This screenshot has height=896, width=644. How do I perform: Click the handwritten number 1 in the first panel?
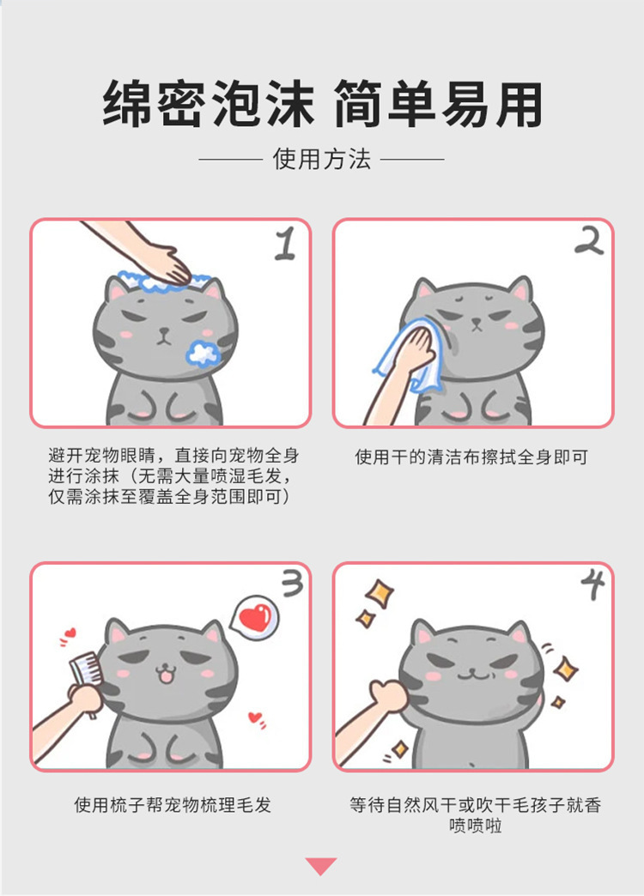285,244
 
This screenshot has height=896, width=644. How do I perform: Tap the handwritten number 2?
589,241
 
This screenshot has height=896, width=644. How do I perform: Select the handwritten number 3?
293,584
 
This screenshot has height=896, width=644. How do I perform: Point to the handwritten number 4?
593,584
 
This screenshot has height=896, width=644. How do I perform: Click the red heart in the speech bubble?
254,617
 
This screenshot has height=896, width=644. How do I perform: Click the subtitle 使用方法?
321,159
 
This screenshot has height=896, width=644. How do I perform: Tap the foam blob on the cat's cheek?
203,353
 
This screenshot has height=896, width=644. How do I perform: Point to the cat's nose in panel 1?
164,331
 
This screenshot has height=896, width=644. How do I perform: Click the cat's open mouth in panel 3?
165,676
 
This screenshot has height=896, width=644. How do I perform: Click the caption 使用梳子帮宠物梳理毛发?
172,805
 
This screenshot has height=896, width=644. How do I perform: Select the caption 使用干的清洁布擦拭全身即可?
471,457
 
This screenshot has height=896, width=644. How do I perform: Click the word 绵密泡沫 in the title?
208,104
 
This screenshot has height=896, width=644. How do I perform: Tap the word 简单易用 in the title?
438,104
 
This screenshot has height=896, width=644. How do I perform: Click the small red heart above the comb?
70,633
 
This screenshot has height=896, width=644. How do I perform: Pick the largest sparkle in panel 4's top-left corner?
380,594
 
